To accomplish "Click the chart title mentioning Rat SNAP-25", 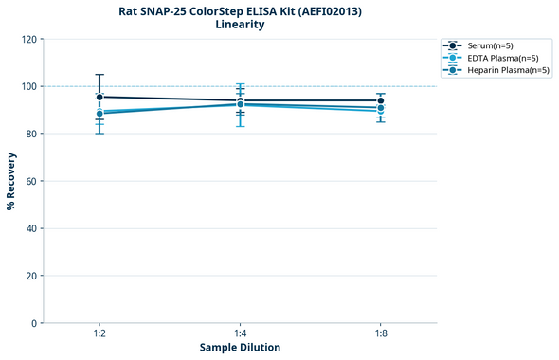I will click(x=240, y=10).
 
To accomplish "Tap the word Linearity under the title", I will click(x=240, y=25).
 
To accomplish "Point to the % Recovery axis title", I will click(x=11, y=181).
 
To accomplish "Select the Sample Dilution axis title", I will click(x=240, y=348).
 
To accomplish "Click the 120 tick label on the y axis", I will click(x=28, y=39).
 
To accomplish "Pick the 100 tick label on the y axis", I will click(x=28, y=86).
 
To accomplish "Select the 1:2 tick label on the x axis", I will click(x=99, y=333).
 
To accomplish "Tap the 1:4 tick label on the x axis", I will click(x=240, y=333).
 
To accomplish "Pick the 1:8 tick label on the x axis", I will click(x=380, y=333).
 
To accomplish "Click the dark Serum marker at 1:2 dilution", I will click(x=99, y=97).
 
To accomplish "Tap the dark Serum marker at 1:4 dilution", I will click(x=240, y=100).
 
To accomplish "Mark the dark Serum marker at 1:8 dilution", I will click(x=380, y=100).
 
